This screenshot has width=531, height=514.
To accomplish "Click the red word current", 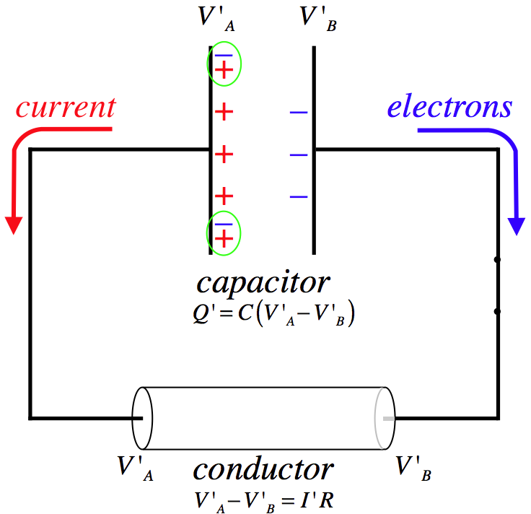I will tap(66, 108).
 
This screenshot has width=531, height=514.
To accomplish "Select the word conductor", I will tap(263, 469).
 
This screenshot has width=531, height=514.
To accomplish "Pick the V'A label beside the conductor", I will tap(136, 467).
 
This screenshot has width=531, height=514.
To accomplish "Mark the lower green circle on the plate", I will tap(224, 232).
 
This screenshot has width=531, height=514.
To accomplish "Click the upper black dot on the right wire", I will tap(497, 258).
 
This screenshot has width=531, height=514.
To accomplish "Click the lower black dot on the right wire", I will tap(497, 312).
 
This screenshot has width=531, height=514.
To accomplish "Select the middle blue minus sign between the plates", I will tap(299, 154).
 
